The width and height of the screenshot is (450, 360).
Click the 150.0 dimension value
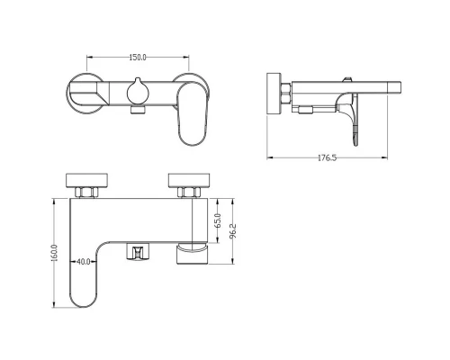click(x=138, y=58)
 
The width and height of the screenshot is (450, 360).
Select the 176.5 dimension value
click(x=327, y=157)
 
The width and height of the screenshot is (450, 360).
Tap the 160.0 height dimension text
click(x=54, y=253)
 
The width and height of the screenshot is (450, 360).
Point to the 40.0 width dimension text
click(x=84, y=262)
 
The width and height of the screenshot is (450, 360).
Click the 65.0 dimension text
click(x=218, y=220)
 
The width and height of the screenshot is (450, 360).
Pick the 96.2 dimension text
click(x=233, y=231)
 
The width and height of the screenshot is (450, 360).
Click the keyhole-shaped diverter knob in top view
click(x=138, y=92)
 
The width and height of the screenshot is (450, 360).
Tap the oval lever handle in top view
click(x=193, y=114)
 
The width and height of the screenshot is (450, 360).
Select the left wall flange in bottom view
click(x=86, y=180)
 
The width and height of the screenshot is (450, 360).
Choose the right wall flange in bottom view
click(x=189, y=180)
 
